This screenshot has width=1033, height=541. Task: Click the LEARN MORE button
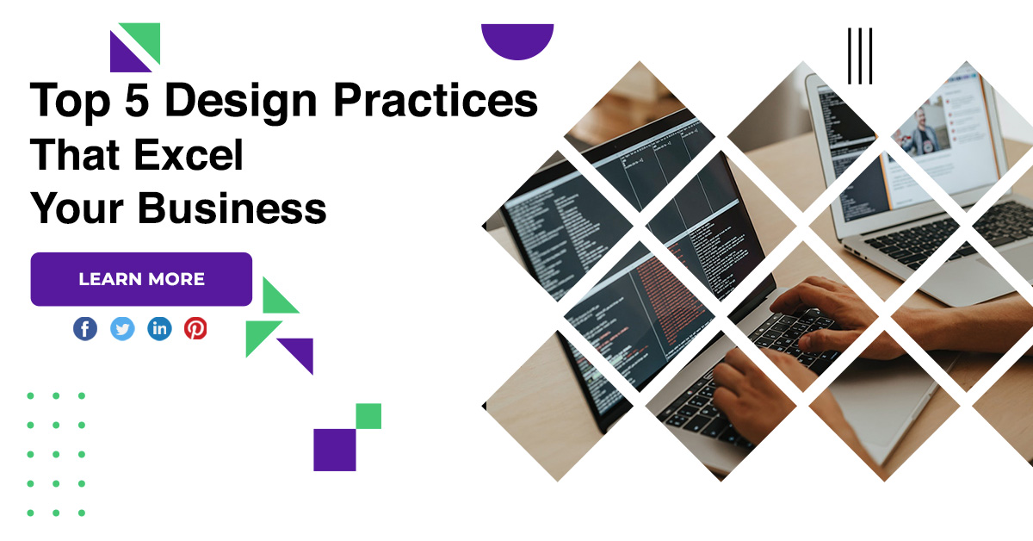141,279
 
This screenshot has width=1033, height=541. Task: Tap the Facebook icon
85,329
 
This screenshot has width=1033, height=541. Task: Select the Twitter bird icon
122,329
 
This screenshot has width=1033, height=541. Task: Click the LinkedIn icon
159,329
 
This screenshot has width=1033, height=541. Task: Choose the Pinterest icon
195,329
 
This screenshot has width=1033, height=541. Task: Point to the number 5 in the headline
137,99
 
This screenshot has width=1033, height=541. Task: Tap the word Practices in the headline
436,99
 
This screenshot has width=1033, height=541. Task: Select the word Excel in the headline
189,154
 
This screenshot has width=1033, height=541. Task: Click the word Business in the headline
232,208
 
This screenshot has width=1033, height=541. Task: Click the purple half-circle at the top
517,40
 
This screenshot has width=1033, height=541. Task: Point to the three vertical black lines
860,56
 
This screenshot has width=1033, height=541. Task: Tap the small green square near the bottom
368,416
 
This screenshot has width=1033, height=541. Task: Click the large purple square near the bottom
335,450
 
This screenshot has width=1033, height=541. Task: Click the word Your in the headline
77,208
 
